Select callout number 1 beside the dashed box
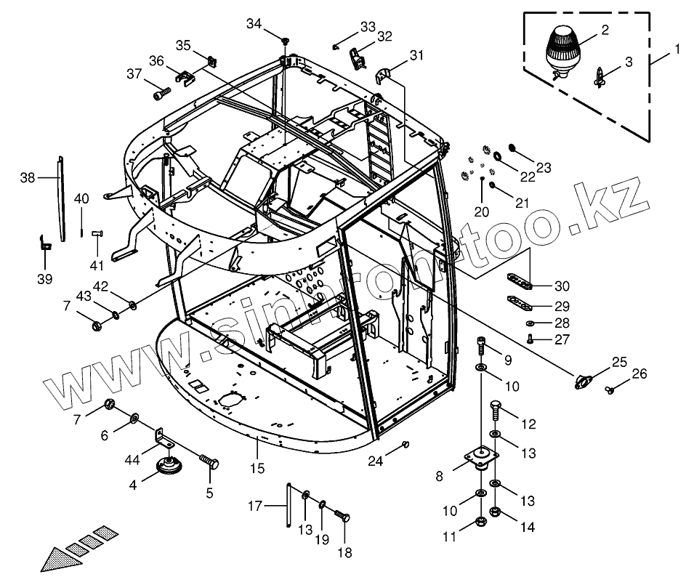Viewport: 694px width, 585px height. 677,49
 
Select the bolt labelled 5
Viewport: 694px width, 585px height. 209,461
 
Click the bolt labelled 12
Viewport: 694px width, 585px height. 495,411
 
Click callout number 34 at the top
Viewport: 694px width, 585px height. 253,24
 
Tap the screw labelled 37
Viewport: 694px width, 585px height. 161,93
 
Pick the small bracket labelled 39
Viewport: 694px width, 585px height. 45,242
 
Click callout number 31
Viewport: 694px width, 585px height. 416,55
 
